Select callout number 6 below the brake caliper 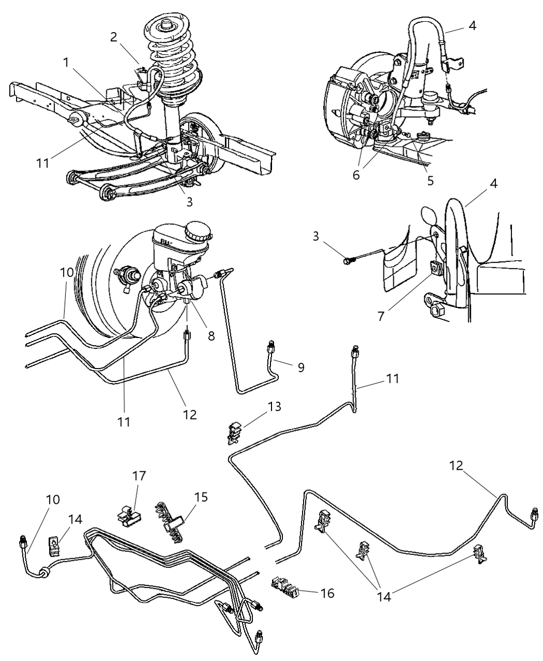(356, 175)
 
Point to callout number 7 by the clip (382, 316)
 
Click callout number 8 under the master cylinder (211, 336)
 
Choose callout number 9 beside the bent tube (301, 368)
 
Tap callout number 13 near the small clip (275, 406)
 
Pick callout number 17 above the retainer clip (139, 475)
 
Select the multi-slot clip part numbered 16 (285, 588)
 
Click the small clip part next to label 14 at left (54, 545)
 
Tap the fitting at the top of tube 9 (270, 347)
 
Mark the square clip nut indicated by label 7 (434, 269)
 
